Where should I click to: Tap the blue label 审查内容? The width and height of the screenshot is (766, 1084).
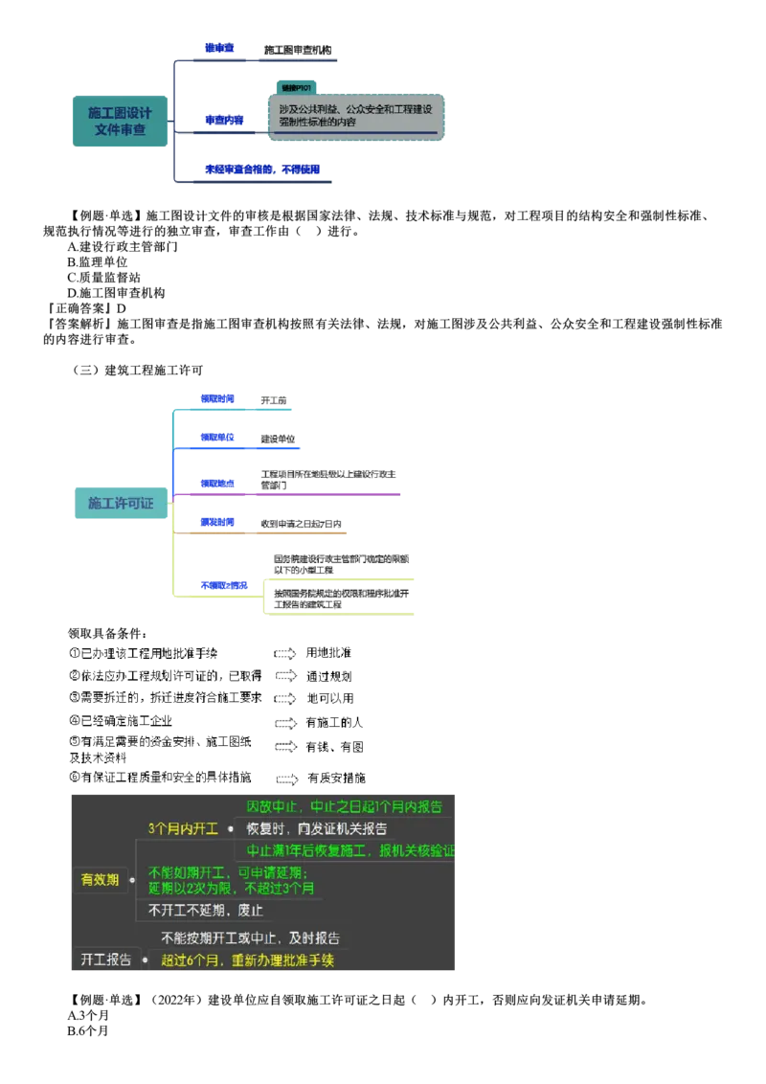pyautogui.click(x=224, y=121)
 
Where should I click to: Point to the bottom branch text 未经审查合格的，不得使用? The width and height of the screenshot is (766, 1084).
pyautogui.click(x=261, y=169)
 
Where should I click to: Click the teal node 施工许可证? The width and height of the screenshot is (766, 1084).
pyautogui.click(x=120, y=503)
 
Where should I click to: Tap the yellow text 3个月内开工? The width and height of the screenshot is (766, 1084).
pyautogui.click(x=183, y=828)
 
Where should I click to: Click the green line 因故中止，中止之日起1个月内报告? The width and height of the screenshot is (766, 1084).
pyautogui.click(x=345, y=806)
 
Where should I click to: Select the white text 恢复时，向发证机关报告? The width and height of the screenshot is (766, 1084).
pyautogui.click(x=316, y=829)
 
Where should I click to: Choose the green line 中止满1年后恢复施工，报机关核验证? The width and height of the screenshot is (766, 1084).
pyautogui.click(x=350, y=850)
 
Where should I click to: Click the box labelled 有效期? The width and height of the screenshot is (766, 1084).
pyautogui.click(x=100, y=879)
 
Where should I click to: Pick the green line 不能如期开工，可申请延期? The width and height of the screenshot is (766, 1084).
pyautogui.click(x=227, y=872)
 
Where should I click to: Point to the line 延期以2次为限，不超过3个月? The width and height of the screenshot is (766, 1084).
pyautogui.click(x=231, y=888)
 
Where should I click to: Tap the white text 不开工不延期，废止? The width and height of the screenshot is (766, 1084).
pyautogui.click(x=205, y=910)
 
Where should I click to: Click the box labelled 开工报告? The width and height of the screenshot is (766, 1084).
pyautogui.click(x=105, y=960)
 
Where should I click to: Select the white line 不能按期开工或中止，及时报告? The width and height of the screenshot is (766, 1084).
pyautogui.click(x=250, y=938)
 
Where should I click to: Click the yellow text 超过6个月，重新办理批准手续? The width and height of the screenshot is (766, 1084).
pyautogui.click(x=247, y=960)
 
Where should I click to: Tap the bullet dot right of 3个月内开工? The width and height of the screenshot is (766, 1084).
pyautogui.click(x=231, y=829)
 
